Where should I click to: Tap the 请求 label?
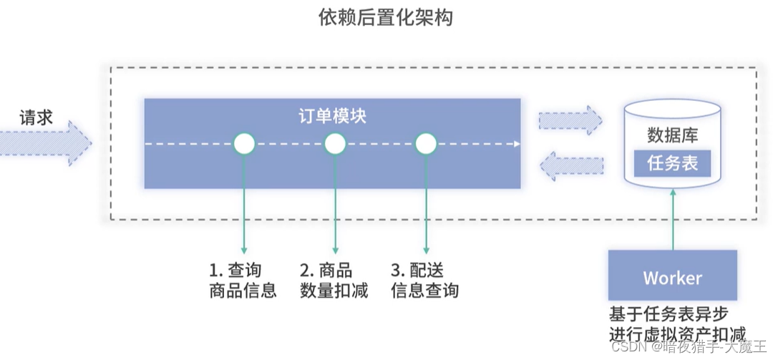pyautogui.click(x=37, y=117)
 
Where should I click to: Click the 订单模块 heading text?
pyautogui.click(x=332, y=116)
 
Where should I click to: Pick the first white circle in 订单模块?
pyautogui.click(x=244, y=144)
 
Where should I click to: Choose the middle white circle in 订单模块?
pyautogui.click(x=335, y=144)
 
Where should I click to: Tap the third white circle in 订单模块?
pyautogui.click(x=426, y=144)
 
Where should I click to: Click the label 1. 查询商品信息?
pyautogui.click(x=243, y=281)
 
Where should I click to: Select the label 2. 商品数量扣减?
pyautogui.click(x=334, y=281)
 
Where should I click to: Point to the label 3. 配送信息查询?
pyautogui.click(x=425, y=281)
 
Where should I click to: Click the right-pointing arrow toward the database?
pyautogui.click(x=570, y=120)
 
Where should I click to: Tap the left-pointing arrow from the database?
pyautogui.click(x=570, y=166)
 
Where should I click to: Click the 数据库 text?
pyautogui.click(x=673, y=135)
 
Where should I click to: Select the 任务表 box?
pyautogui.click(x=673, y=164)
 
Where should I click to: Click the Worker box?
pyautogui.click(x=673, y=278)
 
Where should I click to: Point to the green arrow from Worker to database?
pyautogui.click(x=673, y=222)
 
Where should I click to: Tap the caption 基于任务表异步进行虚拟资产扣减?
pyautogui.click(x=677, y=323)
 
